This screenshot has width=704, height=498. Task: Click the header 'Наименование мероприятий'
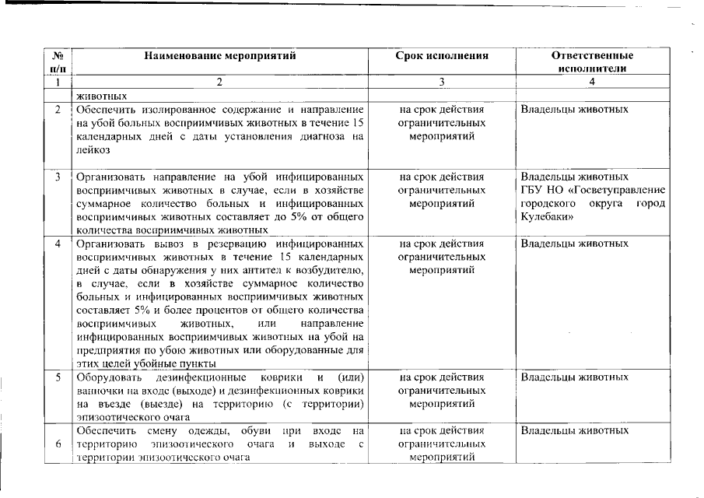click(x=219, y=56)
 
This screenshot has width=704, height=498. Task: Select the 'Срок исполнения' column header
click(x=442, y=56)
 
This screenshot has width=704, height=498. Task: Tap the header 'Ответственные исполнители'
click(x=592, y=61)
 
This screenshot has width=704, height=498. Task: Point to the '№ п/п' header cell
click(x=58, y=61)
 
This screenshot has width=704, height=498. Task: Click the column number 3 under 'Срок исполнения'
click(x=442, y=82)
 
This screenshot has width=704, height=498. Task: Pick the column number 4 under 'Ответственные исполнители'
click(x=592, y=82)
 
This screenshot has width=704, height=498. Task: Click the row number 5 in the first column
click(x=58, y=377)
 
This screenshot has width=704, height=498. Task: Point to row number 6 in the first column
click(x=58, y=444)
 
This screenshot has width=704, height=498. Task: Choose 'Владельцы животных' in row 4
click(x=574, y=244)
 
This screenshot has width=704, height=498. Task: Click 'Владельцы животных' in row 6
click(x=574, y=430)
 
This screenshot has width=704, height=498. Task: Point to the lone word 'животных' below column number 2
click(x=101, y=96)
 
